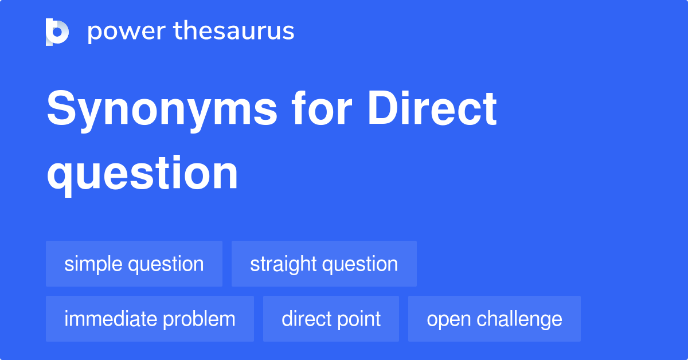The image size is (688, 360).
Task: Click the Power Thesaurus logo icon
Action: point(57,32)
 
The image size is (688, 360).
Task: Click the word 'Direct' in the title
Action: point(432,109)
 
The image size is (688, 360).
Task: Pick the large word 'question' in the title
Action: point(142,173)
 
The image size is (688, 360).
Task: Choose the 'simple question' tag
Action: point(134,264)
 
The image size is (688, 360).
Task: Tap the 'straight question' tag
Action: point(324,264)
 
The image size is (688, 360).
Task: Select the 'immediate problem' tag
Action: point(150,319)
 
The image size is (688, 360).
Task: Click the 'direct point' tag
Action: point(331,319)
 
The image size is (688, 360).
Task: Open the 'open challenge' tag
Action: point(494,319)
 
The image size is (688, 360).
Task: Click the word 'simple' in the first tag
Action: point(93,264)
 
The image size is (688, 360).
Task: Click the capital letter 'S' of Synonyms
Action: point(60,109)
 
